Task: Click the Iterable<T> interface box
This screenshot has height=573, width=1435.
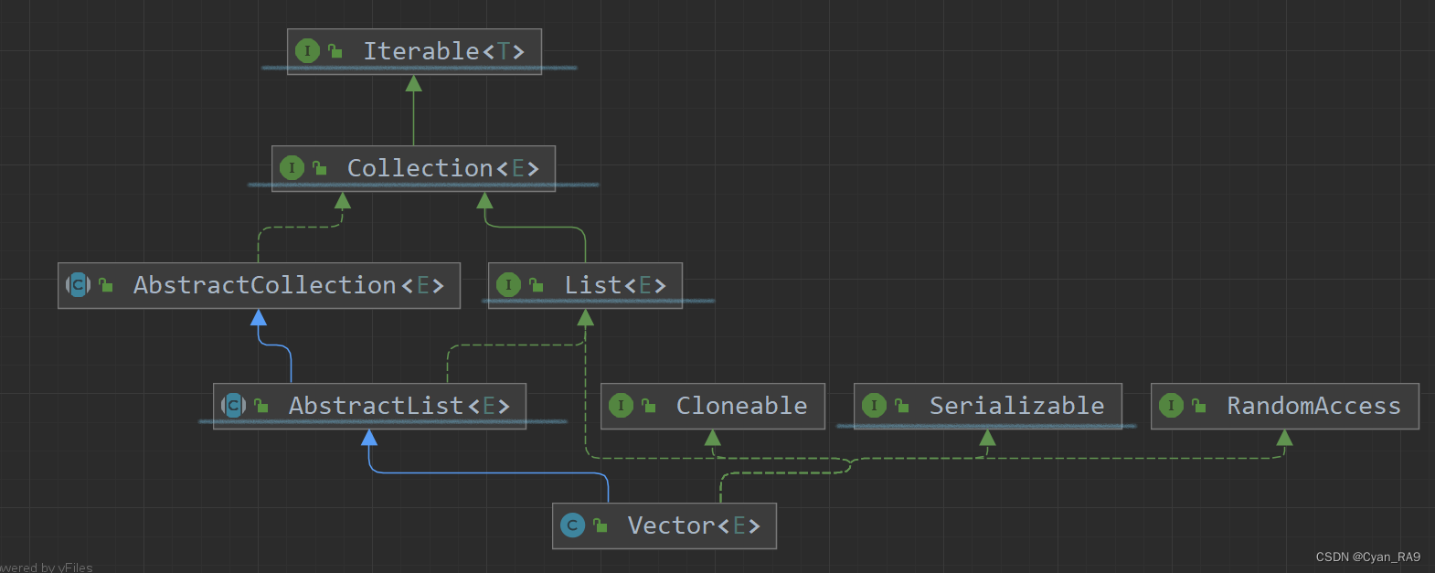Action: (x=414, y=51)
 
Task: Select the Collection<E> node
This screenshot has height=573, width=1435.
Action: (x=413, y=168)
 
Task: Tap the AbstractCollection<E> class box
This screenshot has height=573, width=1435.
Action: (x=259, y=285)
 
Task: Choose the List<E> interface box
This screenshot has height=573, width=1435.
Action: (x=585, y=285)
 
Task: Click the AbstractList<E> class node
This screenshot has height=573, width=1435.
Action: (x=369, y=406)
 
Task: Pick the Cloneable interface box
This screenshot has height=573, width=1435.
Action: (x=713, y=406)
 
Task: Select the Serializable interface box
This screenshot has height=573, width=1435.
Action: (x=987, y=406)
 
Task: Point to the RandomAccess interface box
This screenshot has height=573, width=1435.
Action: (x=1284, y=406)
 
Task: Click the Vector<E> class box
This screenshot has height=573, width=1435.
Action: (x=664, y=525)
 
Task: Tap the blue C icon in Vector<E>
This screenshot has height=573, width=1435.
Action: (x=572, y=525)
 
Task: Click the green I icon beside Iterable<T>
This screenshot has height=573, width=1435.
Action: (x=307, y=51)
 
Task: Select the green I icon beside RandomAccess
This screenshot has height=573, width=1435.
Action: (x=1171, y=406)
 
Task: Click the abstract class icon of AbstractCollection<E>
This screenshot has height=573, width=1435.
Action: (x=79, y=285)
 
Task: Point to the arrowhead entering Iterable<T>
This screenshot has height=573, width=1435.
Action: (x=414, y=84)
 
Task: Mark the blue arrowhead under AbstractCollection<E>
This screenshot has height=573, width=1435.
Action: (x=259, y=318)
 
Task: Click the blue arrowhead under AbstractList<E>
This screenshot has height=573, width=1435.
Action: (x=369, y=438)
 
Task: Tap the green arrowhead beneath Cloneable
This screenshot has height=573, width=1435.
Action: (x=713, y=438)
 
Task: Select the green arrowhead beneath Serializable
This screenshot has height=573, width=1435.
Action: (x=987, y=438)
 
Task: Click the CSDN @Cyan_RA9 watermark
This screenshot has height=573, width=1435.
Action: (x=1367, y=557)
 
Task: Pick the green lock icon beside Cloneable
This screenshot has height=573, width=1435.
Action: (x=649, y=406)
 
